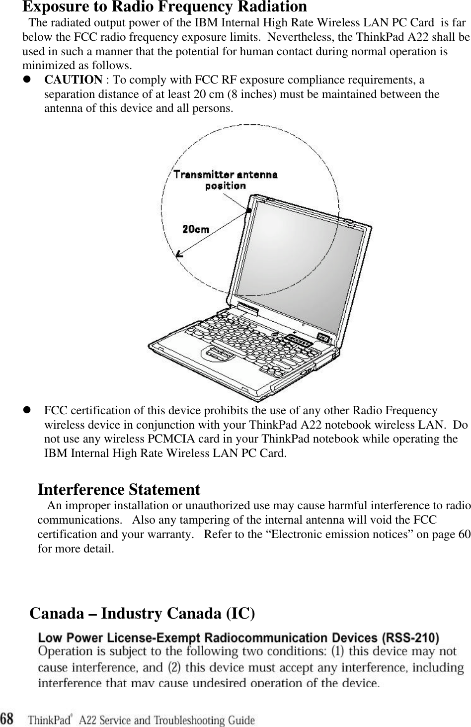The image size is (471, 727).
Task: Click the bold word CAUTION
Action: pos(74,80)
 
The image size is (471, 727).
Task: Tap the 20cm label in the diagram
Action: pos(196,230)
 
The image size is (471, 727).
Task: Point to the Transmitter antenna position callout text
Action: pos(225,180)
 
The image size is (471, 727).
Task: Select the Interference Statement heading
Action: pos(119,490)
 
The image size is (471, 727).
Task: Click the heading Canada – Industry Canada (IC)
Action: pos(143,614)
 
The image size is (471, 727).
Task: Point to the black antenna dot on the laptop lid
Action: pos(248,211)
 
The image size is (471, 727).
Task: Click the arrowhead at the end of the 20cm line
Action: pos(180,254)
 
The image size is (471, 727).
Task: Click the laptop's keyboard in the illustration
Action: pos(238,343)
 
